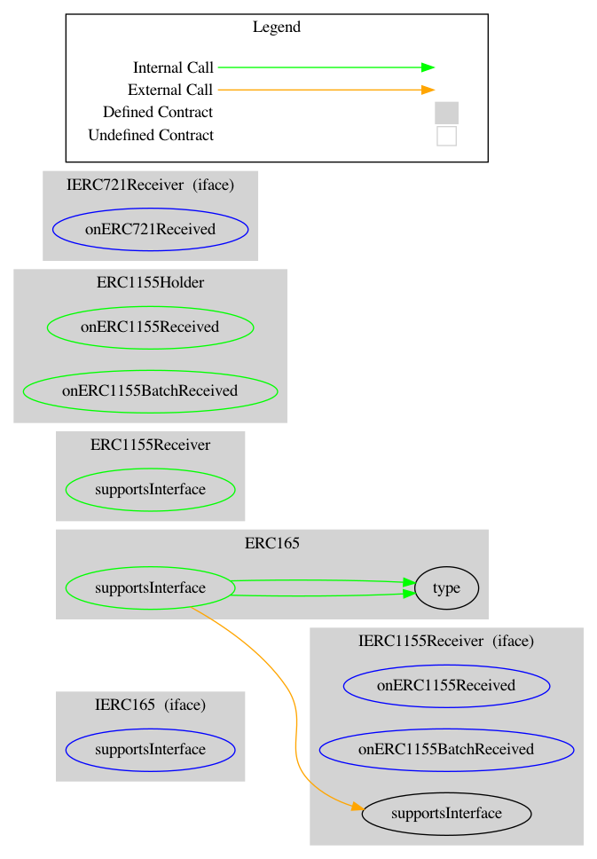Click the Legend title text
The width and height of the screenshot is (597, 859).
tap(276, 27)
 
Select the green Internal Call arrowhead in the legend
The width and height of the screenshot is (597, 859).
tap(428, 67)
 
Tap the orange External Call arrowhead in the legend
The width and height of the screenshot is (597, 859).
tap(428, 90)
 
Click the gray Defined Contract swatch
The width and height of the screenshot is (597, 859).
tap(446, 113)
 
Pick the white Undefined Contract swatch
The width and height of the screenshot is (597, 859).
tap(446, 136)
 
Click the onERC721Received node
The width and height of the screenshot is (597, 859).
tap(150, 229)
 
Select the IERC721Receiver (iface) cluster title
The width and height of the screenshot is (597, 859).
tap(150, 185)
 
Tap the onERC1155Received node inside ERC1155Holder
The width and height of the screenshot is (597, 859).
tap(150, 327)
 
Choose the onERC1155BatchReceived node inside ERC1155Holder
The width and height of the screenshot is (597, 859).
tap(150, 390)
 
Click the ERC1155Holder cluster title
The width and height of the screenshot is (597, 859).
tap(150, 283)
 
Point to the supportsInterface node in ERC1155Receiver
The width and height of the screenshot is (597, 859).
tap(150, 490)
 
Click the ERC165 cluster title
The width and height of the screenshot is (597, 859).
tap(271, 543)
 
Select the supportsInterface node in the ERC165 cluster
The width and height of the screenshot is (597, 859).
tap(150, 588)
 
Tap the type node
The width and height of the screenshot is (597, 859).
tap(446, 588)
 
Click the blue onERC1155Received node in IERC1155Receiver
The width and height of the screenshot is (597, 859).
tap(446, 685)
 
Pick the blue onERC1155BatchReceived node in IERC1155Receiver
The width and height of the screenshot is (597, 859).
tap(446, 749)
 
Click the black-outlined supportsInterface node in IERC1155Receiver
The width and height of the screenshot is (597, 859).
tap(446, 813)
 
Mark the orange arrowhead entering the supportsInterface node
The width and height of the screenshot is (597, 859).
tap(357, 808)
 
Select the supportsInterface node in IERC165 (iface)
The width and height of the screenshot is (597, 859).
tap(150, 749)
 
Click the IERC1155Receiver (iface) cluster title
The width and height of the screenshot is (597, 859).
tap(446, 640)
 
